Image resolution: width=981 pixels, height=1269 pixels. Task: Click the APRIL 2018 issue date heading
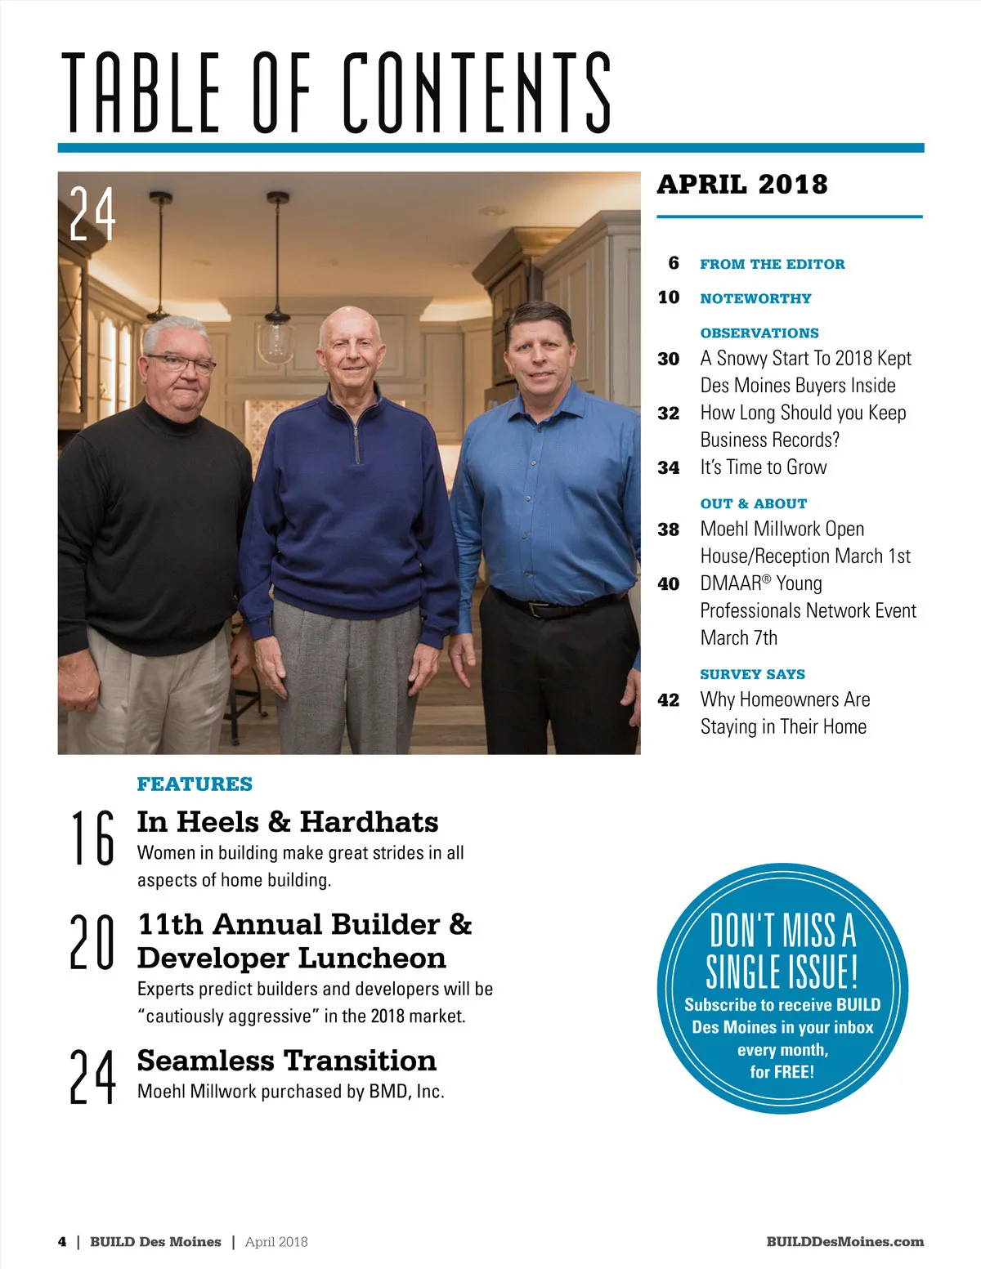(741, 185)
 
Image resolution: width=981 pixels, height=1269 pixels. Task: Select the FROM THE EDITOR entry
(772, 264)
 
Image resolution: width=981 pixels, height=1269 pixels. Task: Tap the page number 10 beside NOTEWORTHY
(668, 297)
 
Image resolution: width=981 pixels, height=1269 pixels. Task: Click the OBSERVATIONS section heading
(759, 333)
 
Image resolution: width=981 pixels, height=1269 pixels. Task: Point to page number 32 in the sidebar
(668, 413)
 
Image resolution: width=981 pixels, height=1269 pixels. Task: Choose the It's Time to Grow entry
(763, 467)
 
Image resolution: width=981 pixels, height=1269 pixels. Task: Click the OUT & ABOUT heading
(753, 503)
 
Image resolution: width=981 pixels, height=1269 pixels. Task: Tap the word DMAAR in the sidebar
(731, 583)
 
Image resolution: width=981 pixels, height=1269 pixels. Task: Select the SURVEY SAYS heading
(752, 674)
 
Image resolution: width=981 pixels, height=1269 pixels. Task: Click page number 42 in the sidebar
(668, 700)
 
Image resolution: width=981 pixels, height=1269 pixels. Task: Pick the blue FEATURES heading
(195, 784)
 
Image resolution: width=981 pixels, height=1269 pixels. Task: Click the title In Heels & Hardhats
(288, 821)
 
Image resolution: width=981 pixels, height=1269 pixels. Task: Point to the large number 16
(92, 838)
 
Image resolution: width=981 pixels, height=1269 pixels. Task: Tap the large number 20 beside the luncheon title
(92, 941)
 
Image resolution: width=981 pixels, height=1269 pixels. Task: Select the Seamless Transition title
(286, 1060)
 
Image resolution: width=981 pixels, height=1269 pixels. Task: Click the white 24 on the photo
(92, 214)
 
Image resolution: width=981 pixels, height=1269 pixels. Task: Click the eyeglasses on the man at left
(181, 364)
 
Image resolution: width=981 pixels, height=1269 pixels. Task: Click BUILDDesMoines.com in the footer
(844, 1241)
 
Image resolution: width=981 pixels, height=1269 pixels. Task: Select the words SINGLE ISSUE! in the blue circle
(782, 972)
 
